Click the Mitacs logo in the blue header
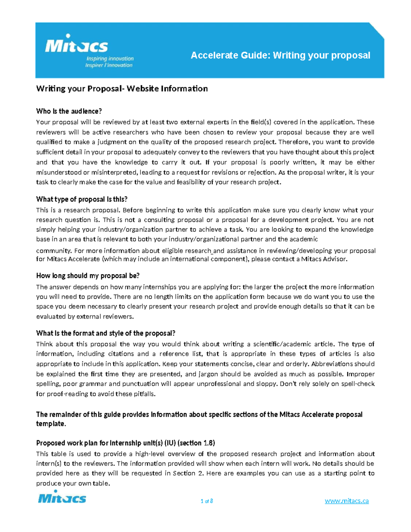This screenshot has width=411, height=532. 76,45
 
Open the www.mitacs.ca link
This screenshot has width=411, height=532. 347,501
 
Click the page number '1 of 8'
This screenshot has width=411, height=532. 207,501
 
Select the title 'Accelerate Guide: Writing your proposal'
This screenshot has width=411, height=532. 280,55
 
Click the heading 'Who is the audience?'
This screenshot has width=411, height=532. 69,111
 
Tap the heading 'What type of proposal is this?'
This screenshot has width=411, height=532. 82,199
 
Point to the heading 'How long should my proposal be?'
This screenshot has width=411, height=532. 88,276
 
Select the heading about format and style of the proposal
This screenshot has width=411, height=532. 106,333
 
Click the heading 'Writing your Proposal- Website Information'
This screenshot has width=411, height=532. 122,89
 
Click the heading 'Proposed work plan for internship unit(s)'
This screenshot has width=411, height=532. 125,443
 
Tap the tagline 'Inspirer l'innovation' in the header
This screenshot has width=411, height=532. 109,65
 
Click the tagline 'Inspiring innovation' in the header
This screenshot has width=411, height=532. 110,59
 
